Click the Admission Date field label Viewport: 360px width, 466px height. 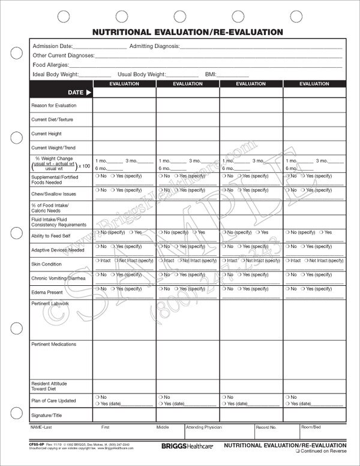(52, 46)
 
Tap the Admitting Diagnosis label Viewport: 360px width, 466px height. (154, 46)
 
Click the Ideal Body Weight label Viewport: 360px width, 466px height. (55, 74)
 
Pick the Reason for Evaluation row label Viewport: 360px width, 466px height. (54, 106)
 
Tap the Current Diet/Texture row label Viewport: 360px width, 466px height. (52, 120)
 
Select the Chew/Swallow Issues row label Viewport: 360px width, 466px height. (54, 195)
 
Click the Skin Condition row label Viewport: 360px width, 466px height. (46, 264)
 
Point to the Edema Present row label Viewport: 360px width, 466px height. (47, 292)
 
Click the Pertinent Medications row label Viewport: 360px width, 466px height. (53, 344)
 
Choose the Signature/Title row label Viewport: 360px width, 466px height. (47, 415)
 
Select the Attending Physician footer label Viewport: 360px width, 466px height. (204, 428)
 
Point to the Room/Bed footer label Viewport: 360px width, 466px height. (312, 428)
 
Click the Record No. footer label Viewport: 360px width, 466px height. (266, 428)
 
